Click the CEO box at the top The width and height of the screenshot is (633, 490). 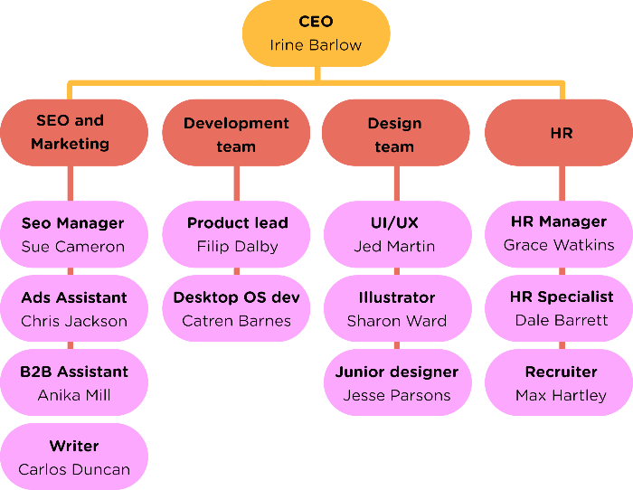point(316,33)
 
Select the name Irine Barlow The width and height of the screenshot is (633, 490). point(316,45)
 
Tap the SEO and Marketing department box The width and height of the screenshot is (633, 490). point(74,132)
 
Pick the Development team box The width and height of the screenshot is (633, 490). point(236,132)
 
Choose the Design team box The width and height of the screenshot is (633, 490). point(396,132)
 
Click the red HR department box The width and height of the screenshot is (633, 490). point(559,132)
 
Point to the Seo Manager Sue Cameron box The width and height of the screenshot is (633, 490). point(74,234)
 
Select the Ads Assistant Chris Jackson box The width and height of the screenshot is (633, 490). point(74,308)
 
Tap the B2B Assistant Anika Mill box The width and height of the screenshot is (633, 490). point(74,382)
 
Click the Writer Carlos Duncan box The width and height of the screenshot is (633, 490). point(74,457)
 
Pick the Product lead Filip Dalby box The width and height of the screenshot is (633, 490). point(236,234)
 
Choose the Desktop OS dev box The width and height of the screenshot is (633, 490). point(236,308)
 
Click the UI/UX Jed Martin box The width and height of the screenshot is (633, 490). point(398,234)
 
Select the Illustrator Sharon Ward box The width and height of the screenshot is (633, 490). point(398,308)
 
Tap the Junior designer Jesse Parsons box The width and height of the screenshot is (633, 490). point(398,382)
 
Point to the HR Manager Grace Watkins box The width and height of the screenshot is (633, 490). point(559,234)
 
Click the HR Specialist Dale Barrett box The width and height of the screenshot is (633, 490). point(559,308)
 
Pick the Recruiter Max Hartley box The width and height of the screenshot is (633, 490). point(559,382)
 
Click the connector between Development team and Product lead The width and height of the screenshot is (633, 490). point(237,184)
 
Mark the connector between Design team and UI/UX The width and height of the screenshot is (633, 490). point(397,184)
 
